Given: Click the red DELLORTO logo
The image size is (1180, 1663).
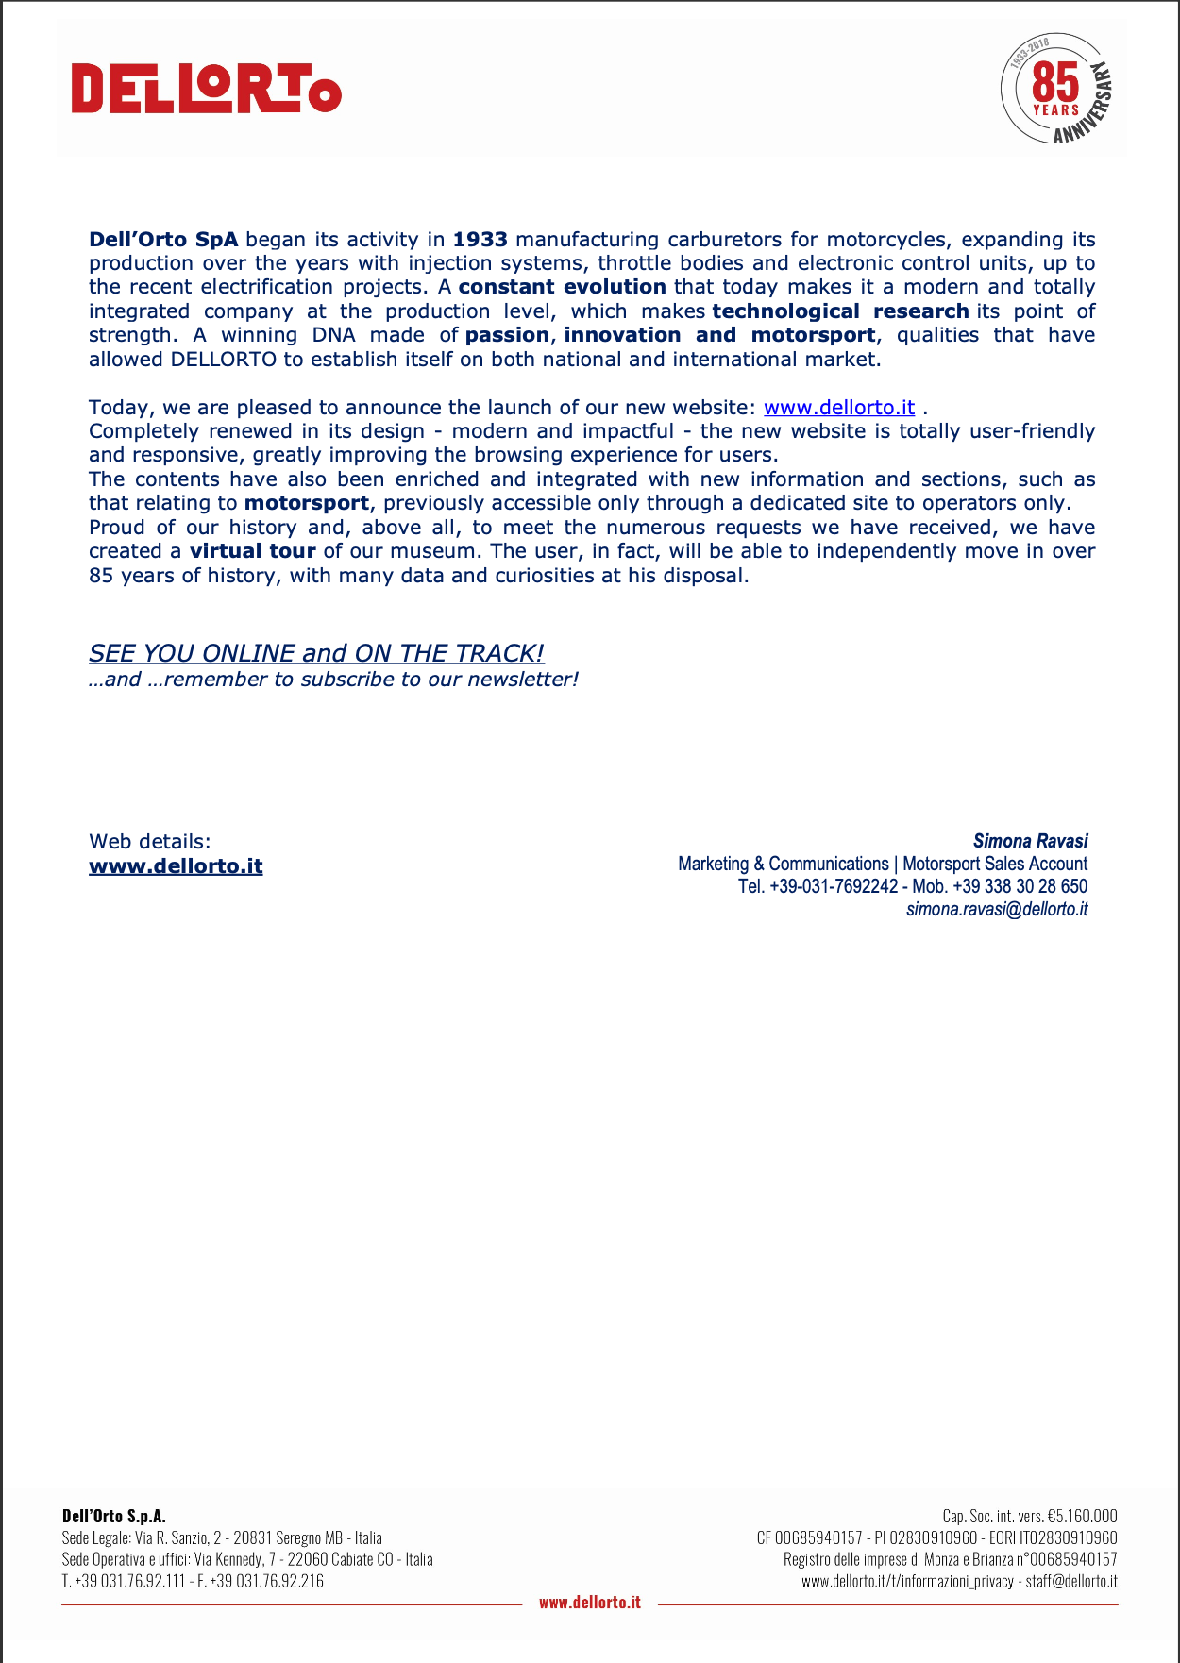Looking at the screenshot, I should coord(206,90).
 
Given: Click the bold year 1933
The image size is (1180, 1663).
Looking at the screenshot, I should coord(480,240).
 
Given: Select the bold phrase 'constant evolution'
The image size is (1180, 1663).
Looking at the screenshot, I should coord(562,287).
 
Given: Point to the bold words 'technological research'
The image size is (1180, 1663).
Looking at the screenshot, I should coord(840,311).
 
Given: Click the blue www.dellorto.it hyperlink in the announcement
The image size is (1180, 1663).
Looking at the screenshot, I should coord(839,408).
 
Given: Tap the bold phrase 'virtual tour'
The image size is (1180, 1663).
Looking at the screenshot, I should coord(252,551).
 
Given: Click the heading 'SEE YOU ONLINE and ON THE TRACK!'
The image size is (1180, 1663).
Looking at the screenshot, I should coord(316,653).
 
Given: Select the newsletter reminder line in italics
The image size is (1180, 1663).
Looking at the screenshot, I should coord(333,680).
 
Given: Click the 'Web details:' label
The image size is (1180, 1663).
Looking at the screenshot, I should coord(150,842).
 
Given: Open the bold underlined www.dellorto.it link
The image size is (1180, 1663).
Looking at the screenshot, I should coord(176,866).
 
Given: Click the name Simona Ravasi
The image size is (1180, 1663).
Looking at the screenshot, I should coord(1030,841).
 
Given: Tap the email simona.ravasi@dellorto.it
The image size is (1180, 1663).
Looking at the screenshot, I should coord(996,910).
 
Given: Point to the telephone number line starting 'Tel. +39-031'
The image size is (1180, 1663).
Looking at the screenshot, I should coord(912,887).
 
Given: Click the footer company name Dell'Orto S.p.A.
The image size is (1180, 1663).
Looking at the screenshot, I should coord(114,1517).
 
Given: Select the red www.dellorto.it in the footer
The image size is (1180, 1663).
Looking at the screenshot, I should coord(590,1602).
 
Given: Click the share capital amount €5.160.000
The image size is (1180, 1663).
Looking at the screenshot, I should coord(1082,1517).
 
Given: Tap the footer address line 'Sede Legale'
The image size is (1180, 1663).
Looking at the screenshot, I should coord(222,1538).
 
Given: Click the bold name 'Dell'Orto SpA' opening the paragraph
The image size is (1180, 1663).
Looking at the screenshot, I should coord(163,240).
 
